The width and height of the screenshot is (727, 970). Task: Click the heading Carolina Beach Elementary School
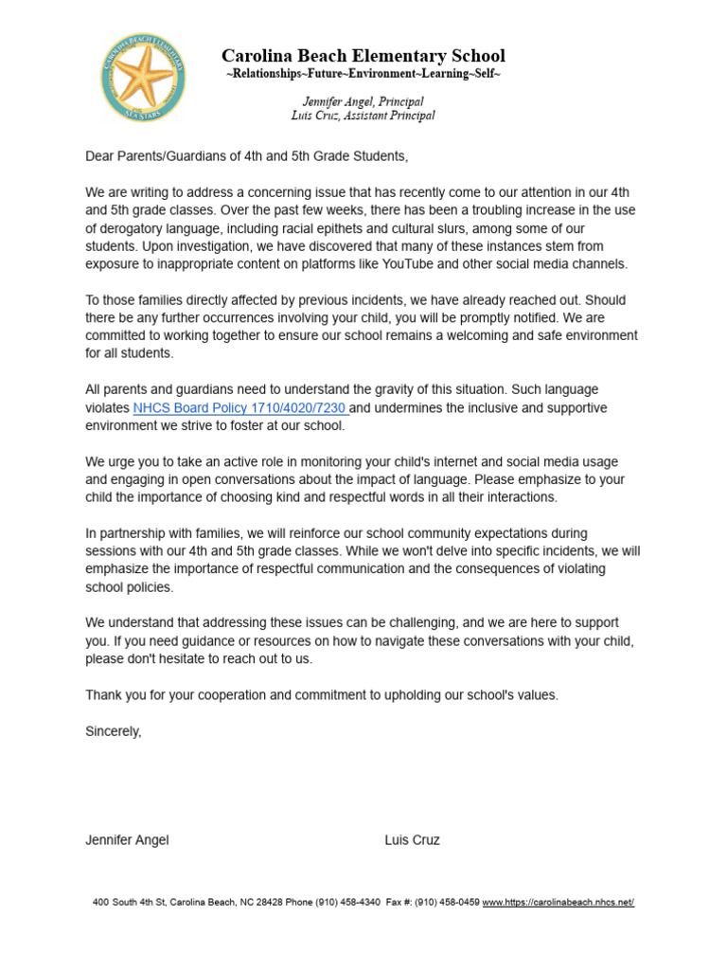click(363, 56)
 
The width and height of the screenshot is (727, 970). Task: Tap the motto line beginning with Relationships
click(363, 74)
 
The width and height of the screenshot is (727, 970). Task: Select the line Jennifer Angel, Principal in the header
click(363, 101)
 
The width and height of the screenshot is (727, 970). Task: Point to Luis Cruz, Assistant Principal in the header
click(363, 116)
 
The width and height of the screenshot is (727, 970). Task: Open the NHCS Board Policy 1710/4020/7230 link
click(240, 408)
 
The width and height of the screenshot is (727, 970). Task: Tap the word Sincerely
click(114, 731)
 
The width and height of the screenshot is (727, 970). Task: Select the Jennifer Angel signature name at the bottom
click(128, 840)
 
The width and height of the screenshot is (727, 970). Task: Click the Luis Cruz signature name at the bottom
click(413, 840)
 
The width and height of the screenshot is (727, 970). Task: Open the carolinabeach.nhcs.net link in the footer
click(559, 903)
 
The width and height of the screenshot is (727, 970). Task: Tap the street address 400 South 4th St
click(129, 903)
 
